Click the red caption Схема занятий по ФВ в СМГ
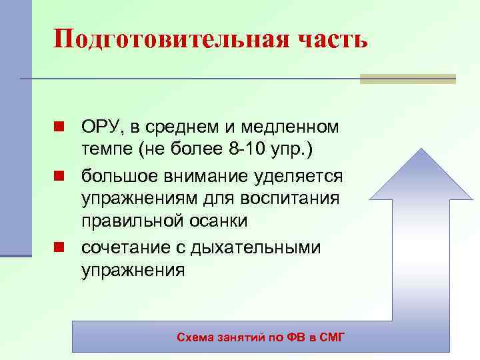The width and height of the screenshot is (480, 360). pyautogui.click(x=261, y=338)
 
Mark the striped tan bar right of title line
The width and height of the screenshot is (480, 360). pyautogui.click(x=407, y=79)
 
